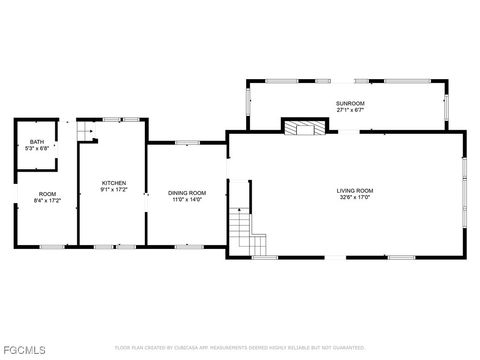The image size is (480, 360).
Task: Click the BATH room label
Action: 36,142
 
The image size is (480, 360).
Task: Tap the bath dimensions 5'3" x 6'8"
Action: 36,149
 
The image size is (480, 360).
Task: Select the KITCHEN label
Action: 114,183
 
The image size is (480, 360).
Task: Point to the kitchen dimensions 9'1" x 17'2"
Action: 114,190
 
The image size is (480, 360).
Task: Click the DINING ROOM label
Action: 186,192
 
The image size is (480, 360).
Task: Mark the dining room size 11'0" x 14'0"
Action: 186,199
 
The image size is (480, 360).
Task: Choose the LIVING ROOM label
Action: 354,190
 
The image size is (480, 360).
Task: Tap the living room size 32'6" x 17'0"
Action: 354,197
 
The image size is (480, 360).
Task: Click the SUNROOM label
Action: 349,103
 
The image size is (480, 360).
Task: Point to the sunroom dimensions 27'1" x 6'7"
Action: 349,110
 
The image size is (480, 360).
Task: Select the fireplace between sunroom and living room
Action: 304,127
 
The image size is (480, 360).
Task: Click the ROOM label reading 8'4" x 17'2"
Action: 47,197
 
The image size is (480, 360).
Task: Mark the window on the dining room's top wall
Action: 184,143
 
